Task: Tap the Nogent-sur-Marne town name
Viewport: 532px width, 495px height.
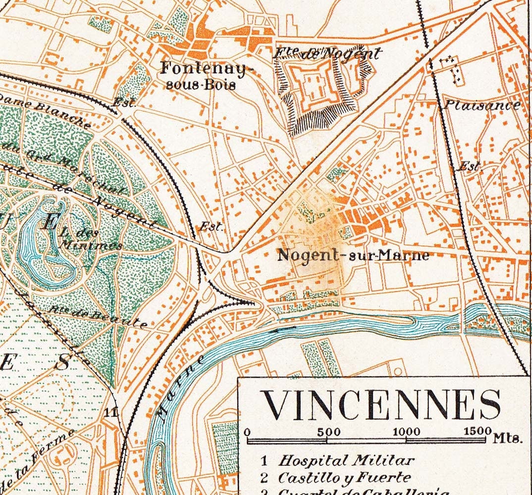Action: pyautogui.click(x=353, y=255)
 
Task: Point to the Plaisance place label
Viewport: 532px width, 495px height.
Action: pyautogui.click(x=481, y=105)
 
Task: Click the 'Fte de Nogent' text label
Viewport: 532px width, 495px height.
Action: pyautogui.click(x=327, y=53)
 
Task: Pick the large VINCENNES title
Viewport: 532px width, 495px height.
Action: pyautogui.click(x=381, y=405)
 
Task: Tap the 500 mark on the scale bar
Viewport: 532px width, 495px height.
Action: pyautogui.click(x=328, y=431)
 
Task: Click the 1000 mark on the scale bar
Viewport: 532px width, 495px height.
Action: pyautogui.click(x=406, y=431)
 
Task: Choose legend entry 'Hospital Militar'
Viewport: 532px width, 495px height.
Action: pyautogui.click(x=345, y=460)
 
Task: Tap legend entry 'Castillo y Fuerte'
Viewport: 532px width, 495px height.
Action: pyautogui.click(x=344, y=478)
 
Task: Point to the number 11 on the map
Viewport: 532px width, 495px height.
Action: pyautogui.click(x=111, y=412)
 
